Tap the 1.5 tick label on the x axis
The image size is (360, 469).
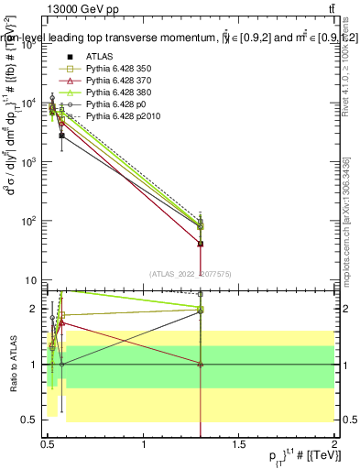(x=239, y=445)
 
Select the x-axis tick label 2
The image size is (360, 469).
(x=333, y=445)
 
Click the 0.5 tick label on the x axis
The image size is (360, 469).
(x=49, y=445)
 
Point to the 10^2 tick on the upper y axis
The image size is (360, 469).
(x=30, y=221)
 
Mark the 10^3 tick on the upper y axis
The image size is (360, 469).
(x=30, y=162)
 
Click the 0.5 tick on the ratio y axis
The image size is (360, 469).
(x=32, y=420)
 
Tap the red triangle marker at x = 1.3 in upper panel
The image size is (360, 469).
(x=201, y=244)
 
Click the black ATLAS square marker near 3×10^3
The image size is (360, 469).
(x=61, y=136)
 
